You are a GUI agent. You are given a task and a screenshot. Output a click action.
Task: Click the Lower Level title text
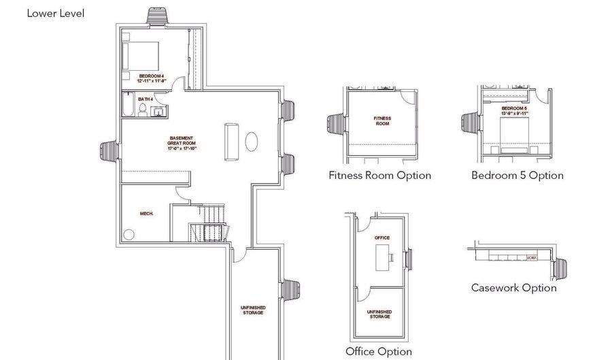click(56, 13)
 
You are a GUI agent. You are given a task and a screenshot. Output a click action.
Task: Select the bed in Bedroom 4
click(142, 54)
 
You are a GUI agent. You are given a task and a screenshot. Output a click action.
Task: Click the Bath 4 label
click(146, 99)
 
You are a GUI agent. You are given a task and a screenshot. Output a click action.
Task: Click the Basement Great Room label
click(182, 144)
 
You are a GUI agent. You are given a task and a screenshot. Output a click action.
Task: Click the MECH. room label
click(146, 214)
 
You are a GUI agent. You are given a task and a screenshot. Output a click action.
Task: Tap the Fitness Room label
click(382, 121)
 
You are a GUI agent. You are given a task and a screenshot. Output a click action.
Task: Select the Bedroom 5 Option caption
click(517, 176)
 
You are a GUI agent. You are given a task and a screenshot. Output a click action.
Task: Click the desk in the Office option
click(383, 256)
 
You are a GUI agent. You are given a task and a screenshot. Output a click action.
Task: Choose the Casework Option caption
click(513, 288)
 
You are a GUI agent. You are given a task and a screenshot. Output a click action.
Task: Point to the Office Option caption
click(379, 352)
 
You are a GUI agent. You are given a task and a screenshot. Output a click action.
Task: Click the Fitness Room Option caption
click(379, 176)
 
